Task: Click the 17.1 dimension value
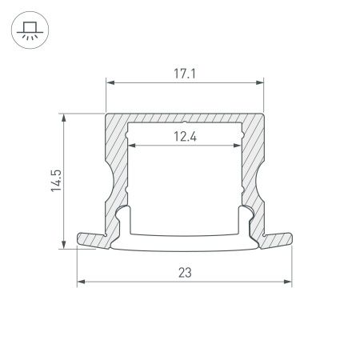184,73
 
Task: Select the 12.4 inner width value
184,137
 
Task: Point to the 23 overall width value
184,273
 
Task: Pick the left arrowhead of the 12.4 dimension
133,146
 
